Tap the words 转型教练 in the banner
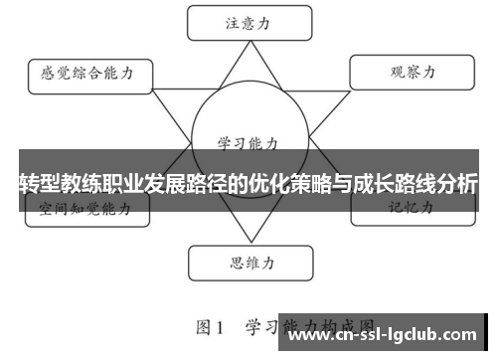point(60,184)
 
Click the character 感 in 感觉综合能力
point(47,74)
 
